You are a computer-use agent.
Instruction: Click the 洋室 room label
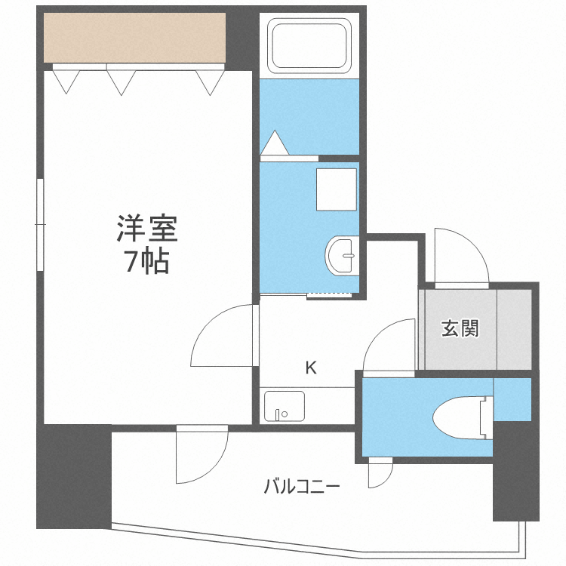(146, 228)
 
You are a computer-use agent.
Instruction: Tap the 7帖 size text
(146, 261)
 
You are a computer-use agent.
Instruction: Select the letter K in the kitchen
(310, 368)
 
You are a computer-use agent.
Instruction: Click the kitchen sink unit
(284, 406)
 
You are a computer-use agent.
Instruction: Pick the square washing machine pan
(336, 189)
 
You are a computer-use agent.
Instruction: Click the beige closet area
(134, 38)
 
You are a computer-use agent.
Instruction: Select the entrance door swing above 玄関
(460, 257)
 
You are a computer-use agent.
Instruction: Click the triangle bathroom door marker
(273, 143)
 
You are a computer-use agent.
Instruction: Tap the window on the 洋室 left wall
(40, 225)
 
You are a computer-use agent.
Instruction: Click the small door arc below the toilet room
(380, 474)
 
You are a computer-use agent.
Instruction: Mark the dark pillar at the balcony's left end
(73, 475)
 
